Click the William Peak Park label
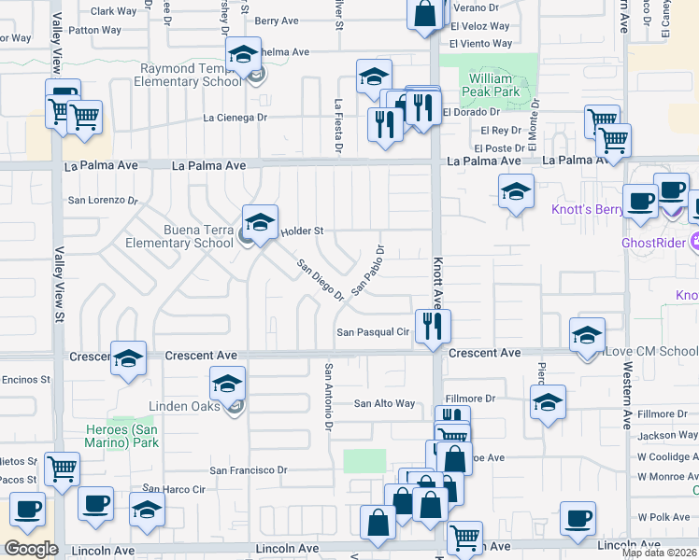coord(494,86)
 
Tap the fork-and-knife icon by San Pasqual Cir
coord(433,325)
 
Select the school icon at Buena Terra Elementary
coord(261,222)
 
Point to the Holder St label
coord(305,231)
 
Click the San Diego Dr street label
coord(321,279)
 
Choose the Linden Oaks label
coord(184,406)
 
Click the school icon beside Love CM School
coord(587,334)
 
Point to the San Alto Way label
coord(383,403)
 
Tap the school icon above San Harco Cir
coord(147,510)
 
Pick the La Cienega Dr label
coord(235,118)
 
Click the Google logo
coord(31,549)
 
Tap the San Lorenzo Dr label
coord(103,200)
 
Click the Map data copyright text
coord(660,553)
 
